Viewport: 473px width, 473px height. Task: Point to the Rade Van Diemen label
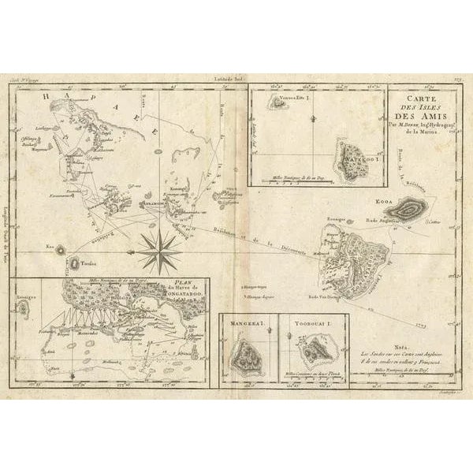point(344,296)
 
